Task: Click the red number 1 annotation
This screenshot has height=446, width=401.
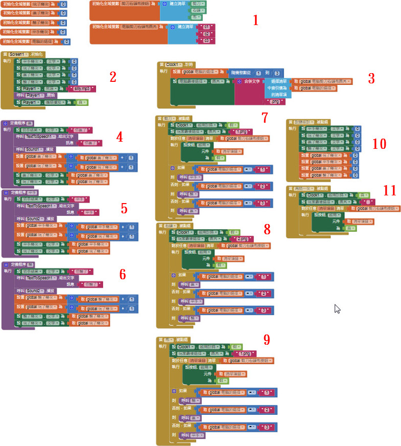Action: (256, 20)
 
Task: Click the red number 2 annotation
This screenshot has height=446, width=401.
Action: (113, 77)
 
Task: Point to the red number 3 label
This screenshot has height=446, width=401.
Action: (371, 78)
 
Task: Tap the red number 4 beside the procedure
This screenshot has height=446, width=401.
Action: (120, 137)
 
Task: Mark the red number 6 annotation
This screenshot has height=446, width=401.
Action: (122, 274)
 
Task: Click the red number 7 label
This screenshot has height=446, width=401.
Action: (265, 118)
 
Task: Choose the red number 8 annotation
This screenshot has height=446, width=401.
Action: (267, 230)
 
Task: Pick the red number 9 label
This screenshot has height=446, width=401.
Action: (266, 340)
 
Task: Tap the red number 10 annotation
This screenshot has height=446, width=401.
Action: (379, 144)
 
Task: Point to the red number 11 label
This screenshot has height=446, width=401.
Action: (390, 191)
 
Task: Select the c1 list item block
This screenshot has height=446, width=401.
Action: (207, 27)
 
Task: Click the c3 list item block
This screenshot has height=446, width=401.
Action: (207, 40)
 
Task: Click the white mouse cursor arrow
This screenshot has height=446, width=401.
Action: (337, 308)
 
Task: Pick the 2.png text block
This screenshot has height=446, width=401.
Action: (244, 239)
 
